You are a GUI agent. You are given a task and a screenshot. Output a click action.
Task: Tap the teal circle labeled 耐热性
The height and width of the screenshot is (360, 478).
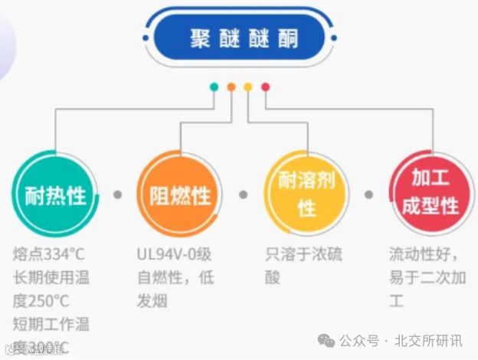coord(55,195)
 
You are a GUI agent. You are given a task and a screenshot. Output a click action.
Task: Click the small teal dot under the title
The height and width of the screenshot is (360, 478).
coord(214,87)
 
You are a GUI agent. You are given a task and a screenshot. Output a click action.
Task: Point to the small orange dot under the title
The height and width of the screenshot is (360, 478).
coord(231,87)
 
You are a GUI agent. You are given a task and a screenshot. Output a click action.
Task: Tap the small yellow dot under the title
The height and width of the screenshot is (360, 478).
coord(248,87)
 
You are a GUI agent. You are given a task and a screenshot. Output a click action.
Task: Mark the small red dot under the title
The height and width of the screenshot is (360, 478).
coord(265,87)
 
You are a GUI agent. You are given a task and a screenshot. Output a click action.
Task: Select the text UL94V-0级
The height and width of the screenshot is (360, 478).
coord(175,254)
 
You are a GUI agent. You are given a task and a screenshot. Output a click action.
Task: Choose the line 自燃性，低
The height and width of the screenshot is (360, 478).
coord(175,277)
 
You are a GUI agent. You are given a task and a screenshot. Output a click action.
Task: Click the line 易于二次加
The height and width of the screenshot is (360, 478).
coord(427,277)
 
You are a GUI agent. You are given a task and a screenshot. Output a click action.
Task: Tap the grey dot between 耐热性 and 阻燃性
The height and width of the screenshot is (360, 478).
coord(118,195)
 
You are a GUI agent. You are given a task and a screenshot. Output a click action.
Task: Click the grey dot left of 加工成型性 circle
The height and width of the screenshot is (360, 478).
coord(368,195)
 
